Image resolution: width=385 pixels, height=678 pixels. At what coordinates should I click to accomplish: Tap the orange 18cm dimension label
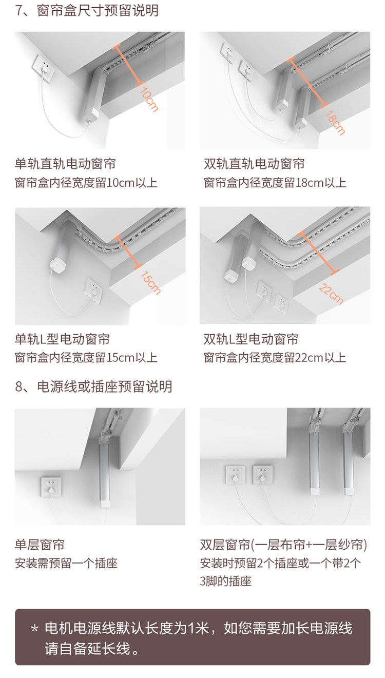[335, 123]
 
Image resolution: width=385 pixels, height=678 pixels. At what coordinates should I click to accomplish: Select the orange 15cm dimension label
[150, 283]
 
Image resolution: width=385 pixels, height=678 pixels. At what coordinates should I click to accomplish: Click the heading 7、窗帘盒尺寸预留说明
[87, 10]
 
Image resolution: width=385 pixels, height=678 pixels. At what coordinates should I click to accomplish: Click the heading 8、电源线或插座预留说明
[93, 386]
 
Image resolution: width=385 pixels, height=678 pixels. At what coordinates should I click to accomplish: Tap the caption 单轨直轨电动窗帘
[65, 164]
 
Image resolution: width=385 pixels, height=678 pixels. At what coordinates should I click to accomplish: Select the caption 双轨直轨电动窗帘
[254, 164]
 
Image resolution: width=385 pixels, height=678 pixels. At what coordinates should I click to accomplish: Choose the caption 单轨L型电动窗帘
[62, 339]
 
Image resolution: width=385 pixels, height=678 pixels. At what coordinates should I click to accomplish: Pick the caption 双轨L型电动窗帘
[251, 339]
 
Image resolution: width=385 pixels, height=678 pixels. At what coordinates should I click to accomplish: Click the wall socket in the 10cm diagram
[44, 68]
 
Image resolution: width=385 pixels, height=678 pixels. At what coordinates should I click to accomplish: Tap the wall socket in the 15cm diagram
[94, 290]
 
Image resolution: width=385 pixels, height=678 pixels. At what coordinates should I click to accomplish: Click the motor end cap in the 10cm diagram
[91, 115]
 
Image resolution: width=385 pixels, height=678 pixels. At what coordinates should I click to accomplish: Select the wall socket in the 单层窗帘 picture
[50, 487]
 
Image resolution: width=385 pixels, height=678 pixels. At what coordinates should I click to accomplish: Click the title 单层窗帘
[40, 545]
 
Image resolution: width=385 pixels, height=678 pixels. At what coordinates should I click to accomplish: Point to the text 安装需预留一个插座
[66, 563]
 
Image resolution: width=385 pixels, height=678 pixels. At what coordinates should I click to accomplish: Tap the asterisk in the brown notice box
[35, 629]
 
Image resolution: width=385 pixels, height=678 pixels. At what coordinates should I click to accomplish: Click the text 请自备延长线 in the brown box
[87, 649]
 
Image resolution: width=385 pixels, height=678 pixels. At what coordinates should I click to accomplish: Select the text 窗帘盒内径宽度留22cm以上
[275, 357]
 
